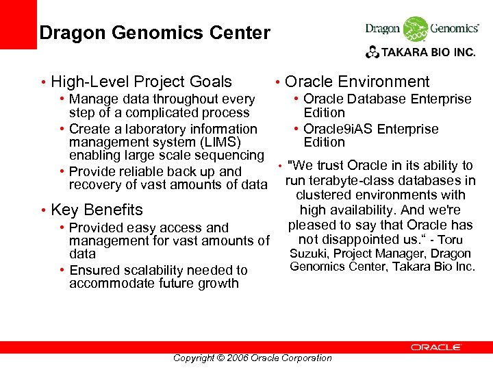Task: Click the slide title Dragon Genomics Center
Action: pyautogui.click(x=155, y=33)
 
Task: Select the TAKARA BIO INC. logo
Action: pyautogui.click(x=420, y=51)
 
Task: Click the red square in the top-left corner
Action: pyautogui.click(x=18, y=24)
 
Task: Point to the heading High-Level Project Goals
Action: pyautogui.click(x=141, y=82)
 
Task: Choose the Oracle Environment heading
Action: pyautogui.click(x=357, y=82)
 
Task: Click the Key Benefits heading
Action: pyautogui.click(x=97, y=210)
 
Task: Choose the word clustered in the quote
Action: pyautogui.click(x=325, y=195)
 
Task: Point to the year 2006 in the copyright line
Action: pyautogui.click(x=236, y=358)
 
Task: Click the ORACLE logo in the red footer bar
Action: pyautogui.click(x=435, y=347)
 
